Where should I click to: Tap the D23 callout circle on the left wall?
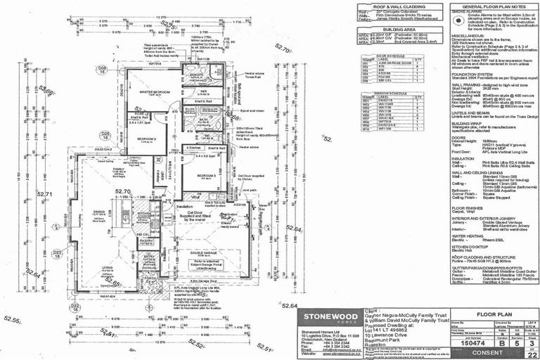coord(58,252)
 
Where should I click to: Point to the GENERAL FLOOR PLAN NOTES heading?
coord(479,5)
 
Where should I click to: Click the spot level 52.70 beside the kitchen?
coord(124,191)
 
